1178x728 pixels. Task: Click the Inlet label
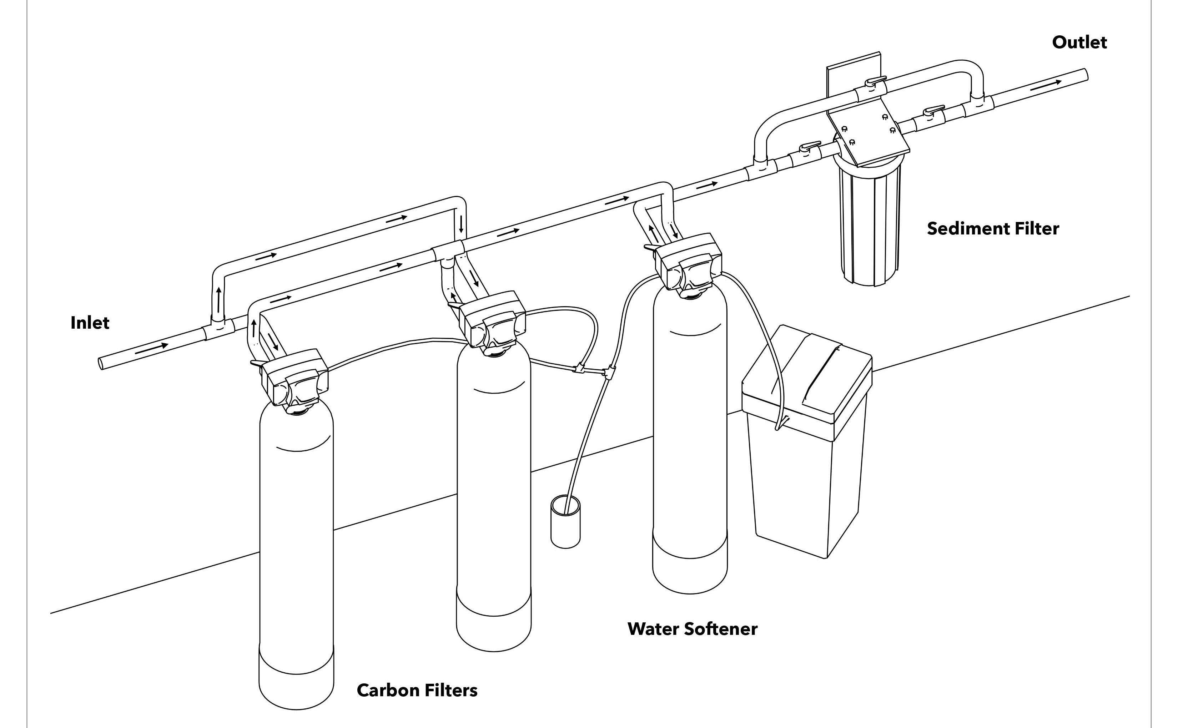pos(90,323)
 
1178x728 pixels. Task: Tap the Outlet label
pos(1079,42)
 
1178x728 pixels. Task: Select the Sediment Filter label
pos(993,229)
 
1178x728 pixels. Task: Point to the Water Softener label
pos(692,629)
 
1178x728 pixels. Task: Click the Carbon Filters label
pos(417,691)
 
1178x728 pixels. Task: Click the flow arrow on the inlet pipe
pos(152,349)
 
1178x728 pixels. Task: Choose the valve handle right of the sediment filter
pos(933,111)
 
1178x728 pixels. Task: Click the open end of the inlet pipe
pos(101,363)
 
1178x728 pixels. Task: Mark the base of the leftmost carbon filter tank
pos(296,679)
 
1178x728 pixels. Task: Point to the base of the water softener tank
pos(690,563)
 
